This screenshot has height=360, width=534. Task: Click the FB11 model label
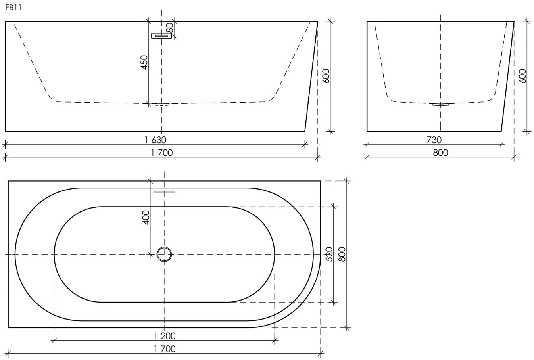point(13,8)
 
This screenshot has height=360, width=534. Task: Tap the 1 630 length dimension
point(155,140)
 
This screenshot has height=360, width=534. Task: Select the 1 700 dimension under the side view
point(161,153)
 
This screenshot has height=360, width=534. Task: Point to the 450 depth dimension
point(144,62)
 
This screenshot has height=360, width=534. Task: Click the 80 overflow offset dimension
point(169,28)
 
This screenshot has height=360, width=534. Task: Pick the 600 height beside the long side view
point(326,76)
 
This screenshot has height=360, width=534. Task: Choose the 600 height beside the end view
point(522,76)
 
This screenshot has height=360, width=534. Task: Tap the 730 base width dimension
point(434,140)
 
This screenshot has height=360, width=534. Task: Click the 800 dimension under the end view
point(440,153)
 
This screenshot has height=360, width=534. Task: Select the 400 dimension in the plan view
point(146,217)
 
